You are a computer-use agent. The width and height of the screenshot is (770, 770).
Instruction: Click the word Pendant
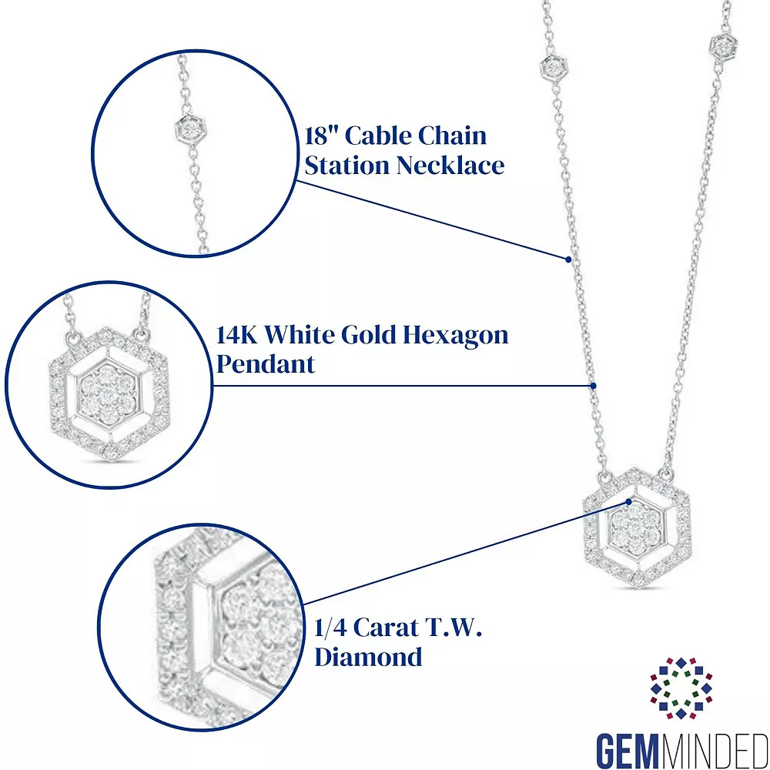point(265,364)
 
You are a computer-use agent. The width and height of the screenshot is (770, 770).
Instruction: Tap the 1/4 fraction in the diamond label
point(330,627)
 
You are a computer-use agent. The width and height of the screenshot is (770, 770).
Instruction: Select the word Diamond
point(368,657)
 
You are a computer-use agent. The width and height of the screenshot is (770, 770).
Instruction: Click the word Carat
point(384,627)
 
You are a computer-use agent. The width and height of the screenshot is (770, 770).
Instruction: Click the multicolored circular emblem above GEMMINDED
point(681,688)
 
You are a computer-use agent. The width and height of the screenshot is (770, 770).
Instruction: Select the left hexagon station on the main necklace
point(554,67)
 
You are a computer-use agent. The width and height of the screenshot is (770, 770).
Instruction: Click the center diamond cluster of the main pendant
point(636,528)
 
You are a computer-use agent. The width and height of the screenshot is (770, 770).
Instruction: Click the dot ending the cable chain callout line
point(568,259)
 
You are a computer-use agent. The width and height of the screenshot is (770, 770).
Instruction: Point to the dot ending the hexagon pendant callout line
point(593,386)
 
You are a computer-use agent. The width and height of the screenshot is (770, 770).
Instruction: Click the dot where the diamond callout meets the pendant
point(628,501)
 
